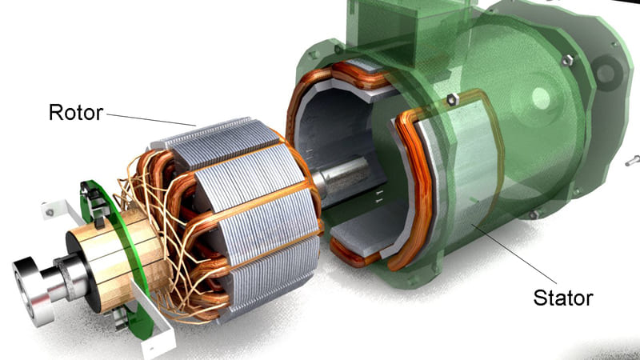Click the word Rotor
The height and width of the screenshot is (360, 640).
click(x=77, y=113)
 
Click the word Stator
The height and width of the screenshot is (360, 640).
click(x=562, y=298)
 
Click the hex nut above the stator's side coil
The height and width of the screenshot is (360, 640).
click(x=451, y=99)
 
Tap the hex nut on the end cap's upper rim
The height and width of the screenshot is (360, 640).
click(x=567, y=60)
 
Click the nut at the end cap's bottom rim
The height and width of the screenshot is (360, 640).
click(x=532, y=214)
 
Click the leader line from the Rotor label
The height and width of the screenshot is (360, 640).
click(x=152, y=119)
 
